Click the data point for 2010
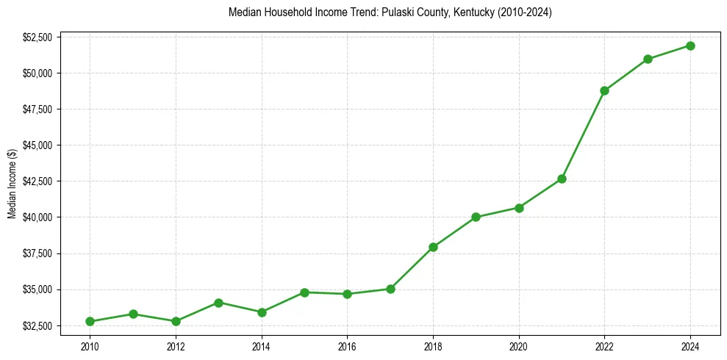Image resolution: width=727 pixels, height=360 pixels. pyautogui.click(x=90, y=321)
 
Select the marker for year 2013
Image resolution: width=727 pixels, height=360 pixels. pyautogui.click(x=218, y=303)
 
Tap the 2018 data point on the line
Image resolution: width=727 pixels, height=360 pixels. pyautogui.click(x=433, y=247)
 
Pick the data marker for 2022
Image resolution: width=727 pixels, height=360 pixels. pyautogui.click(x=604, y=90)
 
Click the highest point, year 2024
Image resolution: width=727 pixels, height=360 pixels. pyautogui.click(x=690, y=46)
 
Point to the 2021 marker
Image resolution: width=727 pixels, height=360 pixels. pyautogui.click(x=562, y=179)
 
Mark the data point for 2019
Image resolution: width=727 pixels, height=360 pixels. pyautogui.click(x=476, y=217)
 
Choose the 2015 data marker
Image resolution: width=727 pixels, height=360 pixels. pyautogui.click(x=304, y=292)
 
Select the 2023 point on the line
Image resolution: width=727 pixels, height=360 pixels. pyautogui.click(x=648, y=59)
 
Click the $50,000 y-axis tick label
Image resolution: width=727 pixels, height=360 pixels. pyautogui.click(x=37, y=73)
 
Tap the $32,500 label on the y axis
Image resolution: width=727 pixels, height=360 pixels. pyautogui.click(x=37, y=325)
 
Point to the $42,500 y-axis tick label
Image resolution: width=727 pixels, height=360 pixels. pyautogui.click(x=37, y=181)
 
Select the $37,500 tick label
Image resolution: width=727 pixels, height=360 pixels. pyautogui.click(x=37, y=253)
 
